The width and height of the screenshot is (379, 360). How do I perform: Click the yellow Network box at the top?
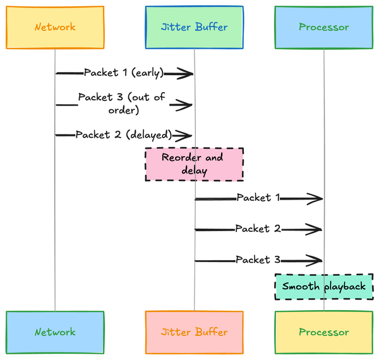[55, 27]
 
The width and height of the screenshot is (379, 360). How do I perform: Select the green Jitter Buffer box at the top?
[194, 27]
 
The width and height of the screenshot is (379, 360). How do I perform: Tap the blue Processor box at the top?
[323, 27]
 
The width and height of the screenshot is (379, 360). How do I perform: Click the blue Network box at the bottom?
[55, 332]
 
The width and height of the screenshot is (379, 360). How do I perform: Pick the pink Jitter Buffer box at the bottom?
[194, 332]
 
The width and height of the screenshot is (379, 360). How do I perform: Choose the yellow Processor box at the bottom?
[323, 332]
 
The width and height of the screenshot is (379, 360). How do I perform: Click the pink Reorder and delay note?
[194, 164]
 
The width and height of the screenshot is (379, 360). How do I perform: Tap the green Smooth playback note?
[323, 287]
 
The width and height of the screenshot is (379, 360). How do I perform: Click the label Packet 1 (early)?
[124, 73]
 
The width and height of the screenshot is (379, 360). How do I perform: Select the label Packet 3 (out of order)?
[121, 104]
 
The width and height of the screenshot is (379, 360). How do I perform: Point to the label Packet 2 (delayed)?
[124, 135]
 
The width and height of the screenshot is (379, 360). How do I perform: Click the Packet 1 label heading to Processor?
[258, 198]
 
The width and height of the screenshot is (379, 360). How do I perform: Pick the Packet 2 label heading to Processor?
[258, 229]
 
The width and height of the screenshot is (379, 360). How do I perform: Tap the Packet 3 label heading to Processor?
[258, 260]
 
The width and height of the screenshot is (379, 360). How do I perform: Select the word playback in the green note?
[345, 287]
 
